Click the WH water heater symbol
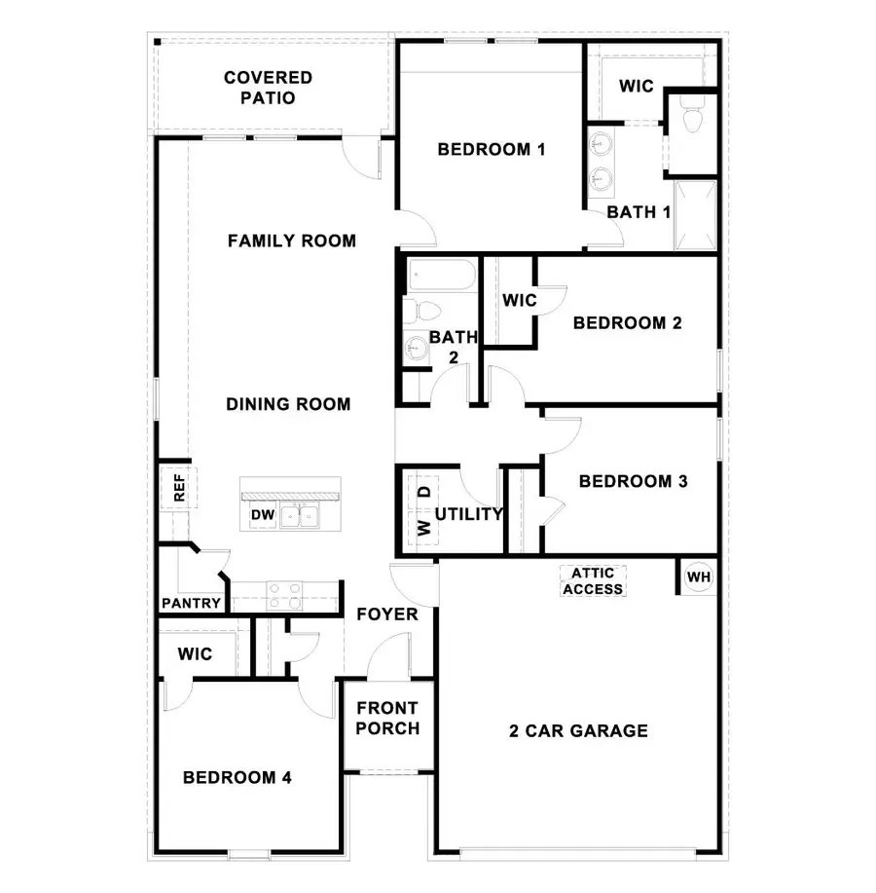pyautogui.click(x=699, y=577)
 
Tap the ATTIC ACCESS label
pyautogui.click(x=593, y=581)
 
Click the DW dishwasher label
pyautogui.click(x=262, y=514)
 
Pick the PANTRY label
pyautogui.click(x=192, y=603)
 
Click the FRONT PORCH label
pyautogui.click(x=387, y=718)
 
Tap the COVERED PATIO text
pyautogui.click(x=268, y=88)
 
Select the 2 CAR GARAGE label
pyautogui.click(x=578, y=730)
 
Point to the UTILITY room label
pyautogui.click(x=468, y=513)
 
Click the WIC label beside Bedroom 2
pyautogui.click(x=519, y=300)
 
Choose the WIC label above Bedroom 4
pyautogui.click(x=195, y=654)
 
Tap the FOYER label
pyautogui.click(x=387, y=614)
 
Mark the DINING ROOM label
pyautogui.click(x=288, y=403)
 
